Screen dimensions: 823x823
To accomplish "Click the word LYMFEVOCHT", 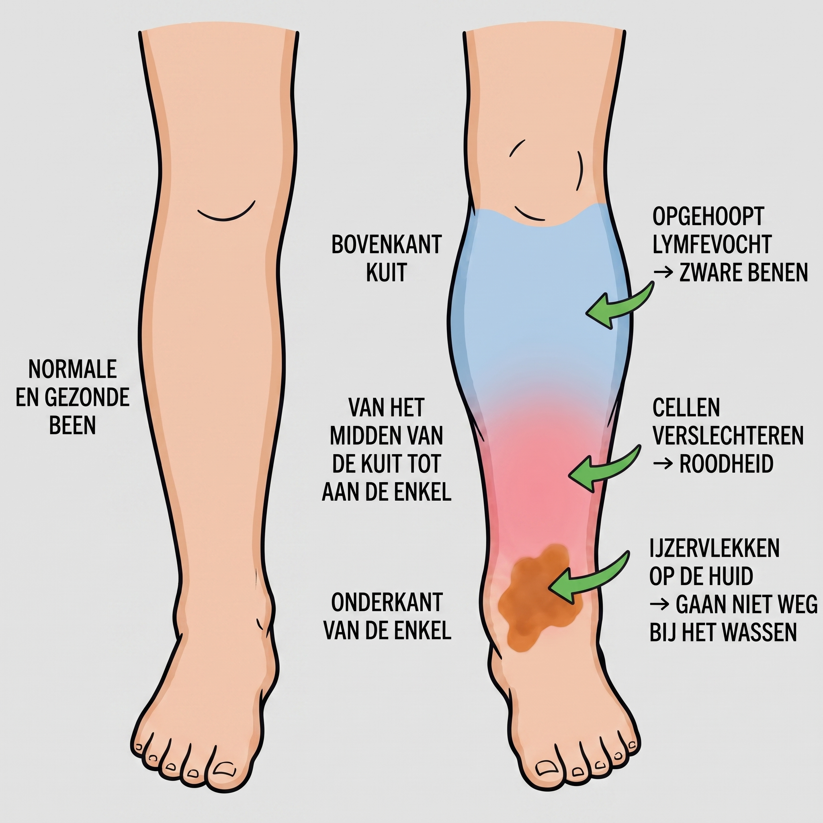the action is [712, 244].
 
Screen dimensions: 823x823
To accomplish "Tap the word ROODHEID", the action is [726, 464].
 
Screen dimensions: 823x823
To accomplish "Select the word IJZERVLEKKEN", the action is [714, 548].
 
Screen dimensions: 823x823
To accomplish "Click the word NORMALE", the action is [72, 369].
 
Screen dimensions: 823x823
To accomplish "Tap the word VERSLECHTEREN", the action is [728, 435].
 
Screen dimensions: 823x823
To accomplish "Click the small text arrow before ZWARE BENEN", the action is [663, 272].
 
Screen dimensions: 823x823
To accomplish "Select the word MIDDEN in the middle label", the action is [361, 435].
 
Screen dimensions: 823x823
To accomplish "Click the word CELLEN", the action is [686, 407].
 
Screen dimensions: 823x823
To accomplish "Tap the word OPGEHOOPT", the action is [708, 217].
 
